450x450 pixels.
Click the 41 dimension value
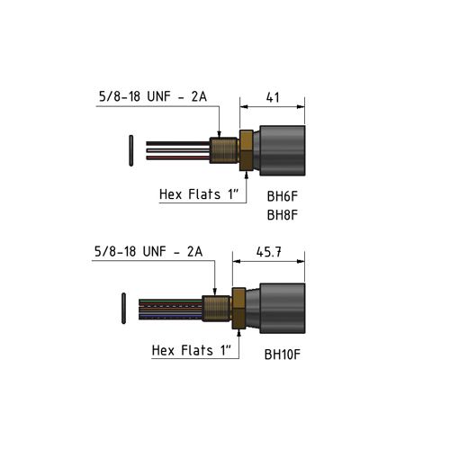(273, 97)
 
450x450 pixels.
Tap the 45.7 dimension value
(269, 252)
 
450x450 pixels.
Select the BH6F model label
(283, 196)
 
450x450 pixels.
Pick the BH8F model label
(283, 215)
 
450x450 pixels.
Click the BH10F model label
(283, 355)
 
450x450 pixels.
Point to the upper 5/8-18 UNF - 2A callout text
(153, 96)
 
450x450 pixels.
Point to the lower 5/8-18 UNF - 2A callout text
(148, 251)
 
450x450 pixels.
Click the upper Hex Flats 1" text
(199, 194)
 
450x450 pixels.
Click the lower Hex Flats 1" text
(192, 350)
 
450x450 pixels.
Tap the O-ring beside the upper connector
(131, 150)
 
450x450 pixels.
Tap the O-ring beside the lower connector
(123, 308)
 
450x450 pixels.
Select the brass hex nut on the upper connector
(247, 150)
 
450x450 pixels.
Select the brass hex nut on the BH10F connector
(239, 308)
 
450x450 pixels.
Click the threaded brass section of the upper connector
(224, 150)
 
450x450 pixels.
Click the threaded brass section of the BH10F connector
(217, 308)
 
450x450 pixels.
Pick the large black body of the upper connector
(283, 150)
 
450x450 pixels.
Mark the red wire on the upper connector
(178, 157)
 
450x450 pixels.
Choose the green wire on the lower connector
(170, 301)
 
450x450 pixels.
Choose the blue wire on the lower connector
(170, 316)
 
